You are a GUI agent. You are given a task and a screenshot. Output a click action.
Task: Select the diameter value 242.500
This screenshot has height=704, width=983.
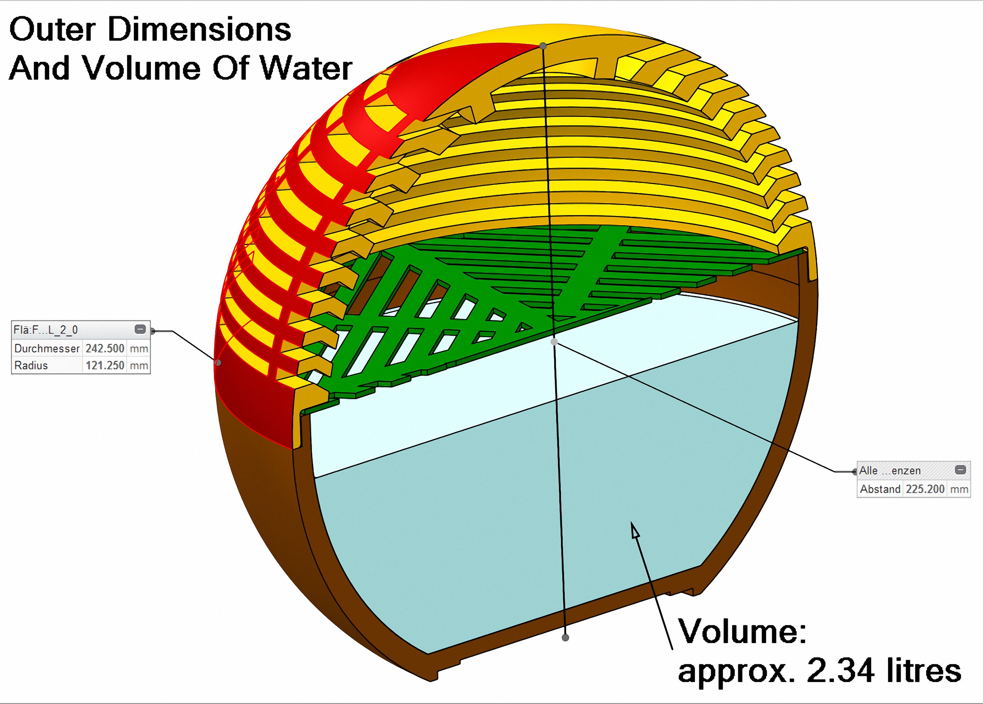click(x=105, y=348)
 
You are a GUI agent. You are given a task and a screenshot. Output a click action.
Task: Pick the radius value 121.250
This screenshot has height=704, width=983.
click(x=105, y=365)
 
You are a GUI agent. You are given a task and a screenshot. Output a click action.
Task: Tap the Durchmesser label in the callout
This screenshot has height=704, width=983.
click(x=47, y=348)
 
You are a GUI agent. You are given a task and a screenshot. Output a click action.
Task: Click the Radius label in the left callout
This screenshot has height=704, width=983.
click(x=31, y=365)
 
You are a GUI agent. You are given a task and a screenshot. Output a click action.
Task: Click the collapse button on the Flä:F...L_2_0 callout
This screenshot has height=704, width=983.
click(x=140, y=329)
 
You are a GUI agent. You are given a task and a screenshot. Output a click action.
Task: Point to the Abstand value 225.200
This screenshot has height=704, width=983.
click(x=925, y=489)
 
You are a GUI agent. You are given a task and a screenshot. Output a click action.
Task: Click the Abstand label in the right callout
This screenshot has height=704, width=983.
click(x=880, y=489)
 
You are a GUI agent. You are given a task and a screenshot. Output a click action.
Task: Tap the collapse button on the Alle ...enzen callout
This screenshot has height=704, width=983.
click(x=961, y=470)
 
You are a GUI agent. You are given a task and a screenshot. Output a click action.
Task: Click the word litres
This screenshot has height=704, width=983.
click(x=924, y=671)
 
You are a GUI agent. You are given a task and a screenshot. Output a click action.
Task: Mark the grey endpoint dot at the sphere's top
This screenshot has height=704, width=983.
click(x=543, y=45)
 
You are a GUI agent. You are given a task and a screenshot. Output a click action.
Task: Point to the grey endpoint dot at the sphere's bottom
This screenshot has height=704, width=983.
click(x=565, y=638)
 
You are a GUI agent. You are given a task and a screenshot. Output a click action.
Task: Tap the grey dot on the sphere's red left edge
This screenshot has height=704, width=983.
click(x=218, y=363)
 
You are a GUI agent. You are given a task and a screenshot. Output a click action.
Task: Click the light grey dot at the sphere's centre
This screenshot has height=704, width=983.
click(x=554, y=342)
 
